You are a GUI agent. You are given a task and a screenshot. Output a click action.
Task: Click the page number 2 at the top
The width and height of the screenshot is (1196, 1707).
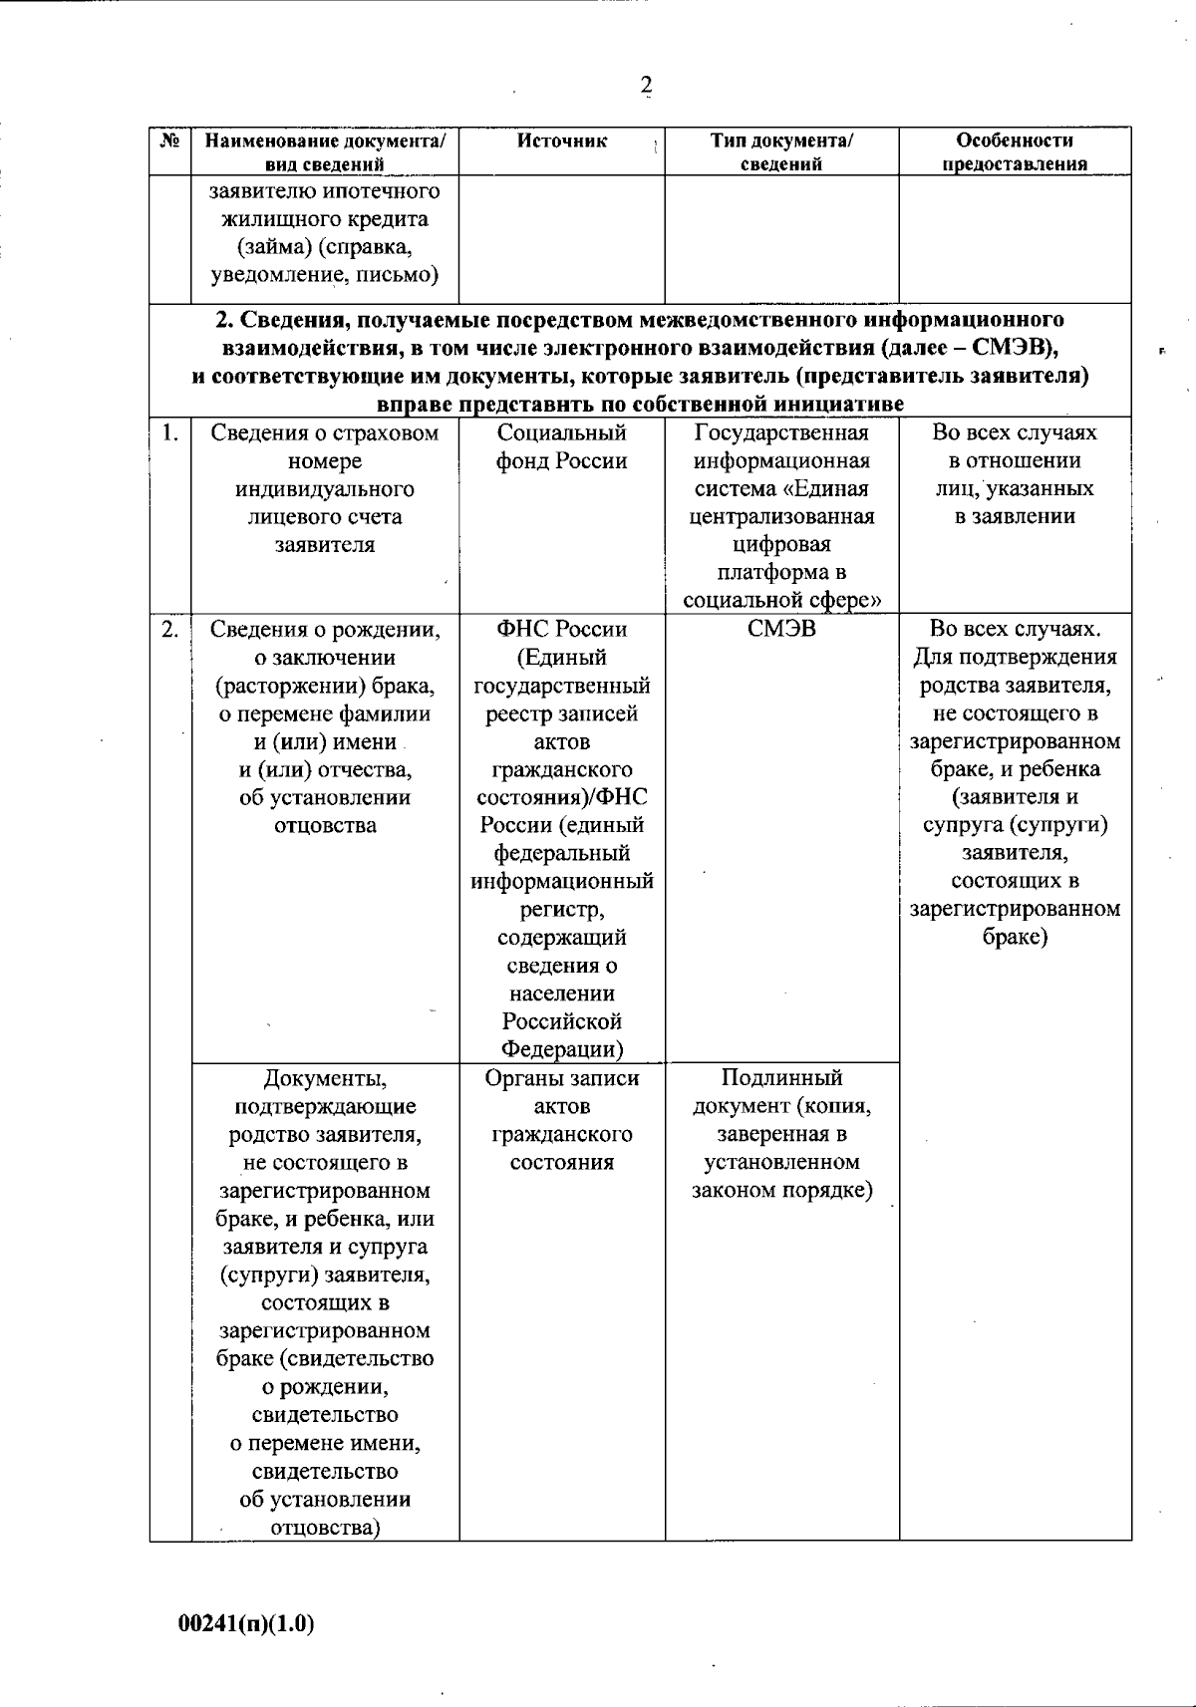(x=646, y=86)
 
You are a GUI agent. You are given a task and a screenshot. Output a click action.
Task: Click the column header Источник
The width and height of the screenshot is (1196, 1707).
(x=562, y=141)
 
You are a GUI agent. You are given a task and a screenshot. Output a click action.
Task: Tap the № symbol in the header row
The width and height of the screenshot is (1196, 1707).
(x=169, y=141)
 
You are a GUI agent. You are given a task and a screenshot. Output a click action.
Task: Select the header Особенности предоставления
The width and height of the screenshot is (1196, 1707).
(x=1015, y=152)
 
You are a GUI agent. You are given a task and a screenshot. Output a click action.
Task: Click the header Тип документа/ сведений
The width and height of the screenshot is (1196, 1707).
(x=781, y=152)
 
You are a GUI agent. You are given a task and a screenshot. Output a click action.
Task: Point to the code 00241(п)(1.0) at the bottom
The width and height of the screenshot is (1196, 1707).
(x=246, y=1623)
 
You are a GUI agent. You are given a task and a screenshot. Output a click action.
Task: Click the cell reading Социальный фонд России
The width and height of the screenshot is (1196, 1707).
(x=562, y=446)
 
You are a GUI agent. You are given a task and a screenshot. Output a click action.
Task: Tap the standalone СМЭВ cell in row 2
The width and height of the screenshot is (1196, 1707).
(x=781, y=629)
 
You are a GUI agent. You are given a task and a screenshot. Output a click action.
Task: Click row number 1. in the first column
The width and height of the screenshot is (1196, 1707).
(x=170, y=432)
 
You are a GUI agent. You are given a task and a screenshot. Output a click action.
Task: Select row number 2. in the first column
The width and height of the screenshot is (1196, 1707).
(x=170, y=629)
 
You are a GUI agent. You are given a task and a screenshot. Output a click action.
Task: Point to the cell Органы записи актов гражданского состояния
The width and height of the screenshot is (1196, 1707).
(x=562, y=1119)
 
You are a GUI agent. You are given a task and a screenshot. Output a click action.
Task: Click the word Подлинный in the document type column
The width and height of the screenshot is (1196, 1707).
(x=781, y=1077)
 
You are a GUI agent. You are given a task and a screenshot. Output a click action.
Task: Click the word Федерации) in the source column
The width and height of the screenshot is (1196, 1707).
(x=562, y=1048)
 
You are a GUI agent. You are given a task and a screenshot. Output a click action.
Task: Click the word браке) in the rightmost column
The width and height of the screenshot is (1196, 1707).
(x=1015, y=937)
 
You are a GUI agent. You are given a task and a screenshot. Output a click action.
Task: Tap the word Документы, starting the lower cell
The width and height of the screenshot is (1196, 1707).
(x=325, y=1077)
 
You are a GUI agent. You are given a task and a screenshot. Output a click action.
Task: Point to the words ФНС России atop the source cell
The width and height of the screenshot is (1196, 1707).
(x=562, y=629)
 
